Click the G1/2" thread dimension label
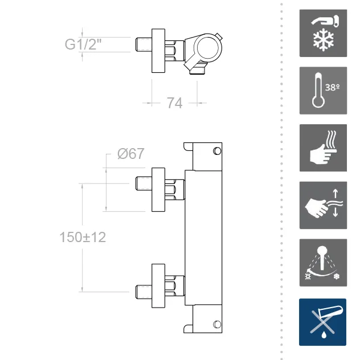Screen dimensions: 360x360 point(83,44)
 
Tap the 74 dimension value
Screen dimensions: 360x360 point(174,103)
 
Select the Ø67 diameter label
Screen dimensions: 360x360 point(130,154)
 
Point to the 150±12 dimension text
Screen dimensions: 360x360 point(83,237)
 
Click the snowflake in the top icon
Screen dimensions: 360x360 point(324,40)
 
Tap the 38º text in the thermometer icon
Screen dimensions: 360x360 point(332,88)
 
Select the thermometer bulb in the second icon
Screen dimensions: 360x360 point(318,102)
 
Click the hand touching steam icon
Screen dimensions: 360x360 point(323,148)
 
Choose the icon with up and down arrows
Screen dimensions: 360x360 point(323,205)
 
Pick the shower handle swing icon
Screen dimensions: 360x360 point(323,263)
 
